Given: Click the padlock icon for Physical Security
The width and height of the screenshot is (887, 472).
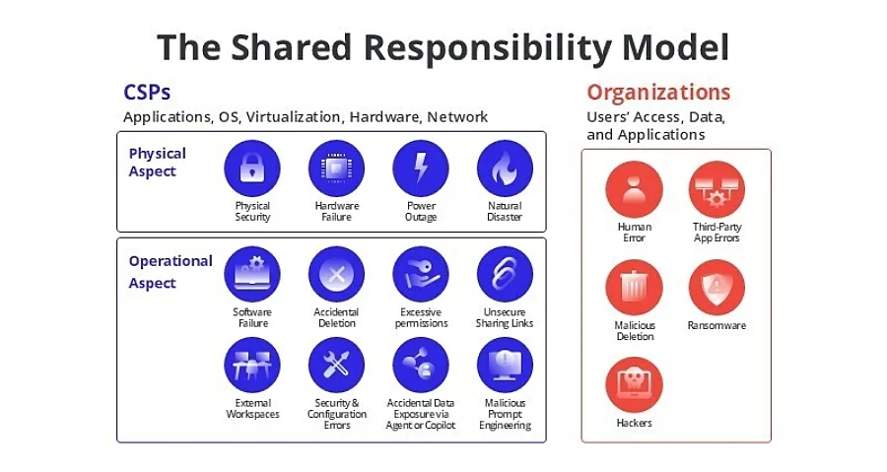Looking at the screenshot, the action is coord(252,169).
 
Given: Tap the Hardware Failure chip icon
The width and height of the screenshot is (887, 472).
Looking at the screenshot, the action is coord(337,169).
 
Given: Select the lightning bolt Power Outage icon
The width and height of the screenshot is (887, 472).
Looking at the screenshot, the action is coord(421,169).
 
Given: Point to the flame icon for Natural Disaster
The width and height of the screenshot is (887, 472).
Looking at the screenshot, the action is coord(506,169).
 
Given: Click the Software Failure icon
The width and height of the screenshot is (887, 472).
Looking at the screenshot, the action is coord(252,275).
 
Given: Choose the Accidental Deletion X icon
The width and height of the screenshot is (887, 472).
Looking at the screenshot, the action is coord(337,275).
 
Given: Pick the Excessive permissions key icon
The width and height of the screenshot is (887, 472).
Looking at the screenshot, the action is coord(421,275).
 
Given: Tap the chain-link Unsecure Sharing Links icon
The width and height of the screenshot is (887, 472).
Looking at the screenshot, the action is coord(506,275).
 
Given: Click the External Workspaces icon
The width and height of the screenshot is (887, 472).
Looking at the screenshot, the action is coord(252,366).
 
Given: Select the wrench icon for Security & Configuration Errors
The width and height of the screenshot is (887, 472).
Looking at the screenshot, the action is coord(337,366).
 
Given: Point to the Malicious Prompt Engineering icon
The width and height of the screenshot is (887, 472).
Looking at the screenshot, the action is coord(506,366).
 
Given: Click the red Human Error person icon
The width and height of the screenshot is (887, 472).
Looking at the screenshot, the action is coord(634,189).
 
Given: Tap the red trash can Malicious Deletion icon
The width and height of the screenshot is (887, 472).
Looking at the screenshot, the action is coord(634,289).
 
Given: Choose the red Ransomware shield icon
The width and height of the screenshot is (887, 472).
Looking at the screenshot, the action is coord(716,289).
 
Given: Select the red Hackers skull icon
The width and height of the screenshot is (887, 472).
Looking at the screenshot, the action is coord(634,385).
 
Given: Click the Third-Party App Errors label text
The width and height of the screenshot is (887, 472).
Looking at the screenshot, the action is coord(716,233).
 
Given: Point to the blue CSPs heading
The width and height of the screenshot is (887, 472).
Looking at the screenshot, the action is coord(147,93).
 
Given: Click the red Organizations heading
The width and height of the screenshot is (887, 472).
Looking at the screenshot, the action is coord(658,93).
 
